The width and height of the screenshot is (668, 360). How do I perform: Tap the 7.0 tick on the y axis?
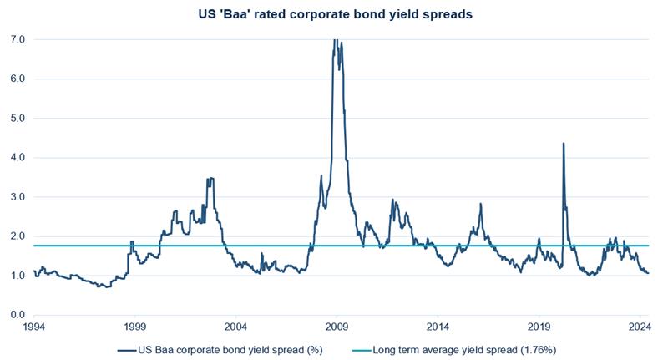(x=18, y=40)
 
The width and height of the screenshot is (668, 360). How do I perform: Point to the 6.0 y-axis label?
(x=18, y=79)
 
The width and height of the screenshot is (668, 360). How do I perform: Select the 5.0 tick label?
(x=18, y=119)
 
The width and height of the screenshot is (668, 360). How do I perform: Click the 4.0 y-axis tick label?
(x=18, y=158)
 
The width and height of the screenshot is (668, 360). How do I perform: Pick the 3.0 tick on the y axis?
(x=18, y=197)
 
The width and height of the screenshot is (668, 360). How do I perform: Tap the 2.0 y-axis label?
(x=18, y=236)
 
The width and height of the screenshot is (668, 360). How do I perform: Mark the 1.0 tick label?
(x=18, y=276)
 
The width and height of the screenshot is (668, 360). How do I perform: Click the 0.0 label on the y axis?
(x=18, y=315)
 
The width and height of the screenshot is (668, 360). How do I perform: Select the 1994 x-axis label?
(x=34, y=327)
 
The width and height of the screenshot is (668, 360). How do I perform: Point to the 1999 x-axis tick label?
(x=134, y=327)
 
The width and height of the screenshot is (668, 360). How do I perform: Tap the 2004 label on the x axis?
(x=235, y=327)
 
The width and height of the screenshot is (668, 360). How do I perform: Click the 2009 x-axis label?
(x=337, y=327)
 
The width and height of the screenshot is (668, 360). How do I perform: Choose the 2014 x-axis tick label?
(x=438, y=327)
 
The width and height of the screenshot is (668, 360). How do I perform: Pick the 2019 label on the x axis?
(x=539, y=327)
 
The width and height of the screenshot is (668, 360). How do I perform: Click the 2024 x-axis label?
(x=639, y=327)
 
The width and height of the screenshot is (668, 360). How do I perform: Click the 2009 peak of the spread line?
(x=336, y=40)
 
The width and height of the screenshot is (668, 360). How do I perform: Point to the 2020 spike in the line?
(x=564, y=143)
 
